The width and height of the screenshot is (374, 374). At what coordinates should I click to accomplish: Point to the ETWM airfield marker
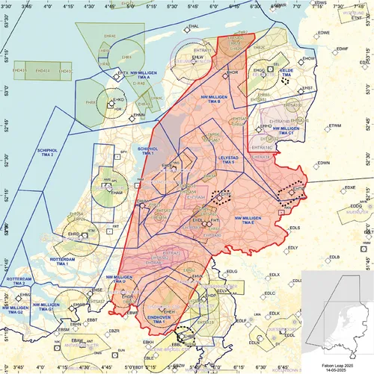pyautogui.click(x=327, y=125)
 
